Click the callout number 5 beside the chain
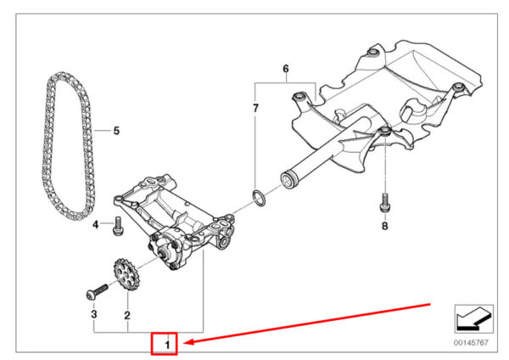[x=116, y=131]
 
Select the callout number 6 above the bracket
[x=286, y=69]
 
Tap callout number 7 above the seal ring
[x=255, y=108]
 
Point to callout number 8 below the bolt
[x=384, y=226]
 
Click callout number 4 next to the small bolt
[x=95, y=224]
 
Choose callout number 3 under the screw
[x=94, y=314]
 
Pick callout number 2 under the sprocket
[x=127, y=315]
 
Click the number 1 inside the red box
[x=167, y=345]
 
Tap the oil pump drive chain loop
[x=45, y=146]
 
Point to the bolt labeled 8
[x=384, y=203]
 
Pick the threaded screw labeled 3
[x=98, y=291]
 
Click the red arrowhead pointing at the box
[x=189, y=342]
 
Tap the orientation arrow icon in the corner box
[x=473, y=320]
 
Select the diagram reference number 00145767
[x=471, y=342]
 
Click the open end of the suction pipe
[x=288, y=180]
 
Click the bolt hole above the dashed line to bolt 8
[x=385, y=132]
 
